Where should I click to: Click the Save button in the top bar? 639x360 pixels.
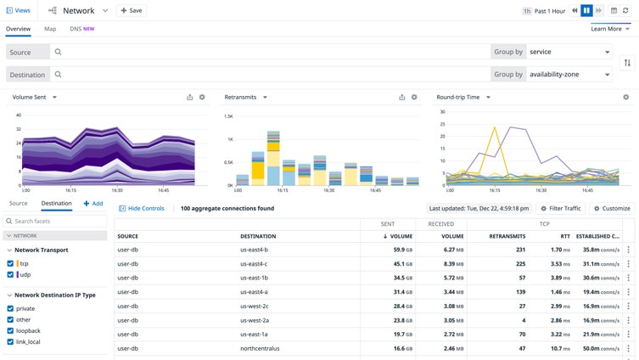coord(131,11)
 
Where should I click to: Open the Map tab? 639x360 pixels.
coord(50,29)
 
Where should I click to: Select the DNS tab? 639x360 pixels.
coord(81,29)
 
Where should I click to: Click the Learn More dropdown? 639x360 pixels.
coord(610,29)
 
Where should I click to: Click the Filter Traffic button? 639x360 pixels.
coord(561,208)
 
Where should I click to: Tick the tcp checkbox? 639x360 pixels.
coord(10,263)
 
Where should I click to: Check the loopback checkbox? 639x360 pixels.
coord(10,330)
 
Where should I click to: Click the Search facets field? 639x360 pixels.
coord(58,221)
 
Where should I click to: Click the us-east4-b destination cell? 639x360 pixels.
coord(254,250)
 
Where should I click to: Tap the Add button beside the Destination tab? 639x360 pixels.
coord(93,204)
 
